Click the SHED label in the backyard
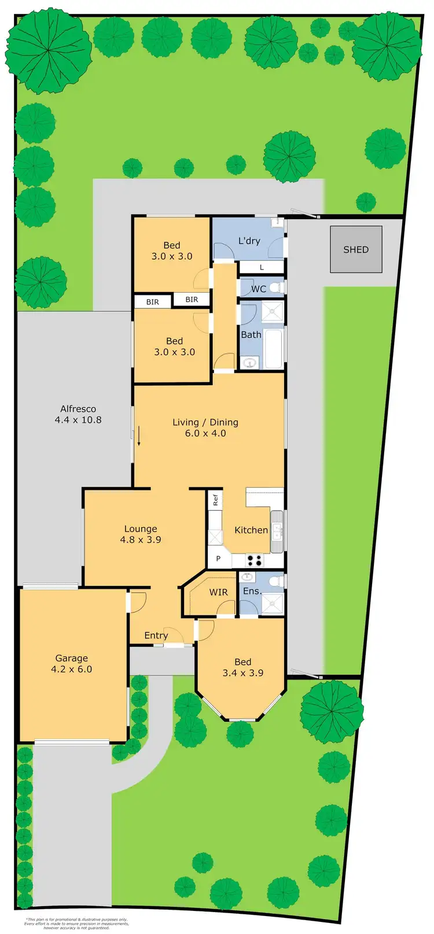[355, 250]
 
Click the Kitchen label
[251, 530]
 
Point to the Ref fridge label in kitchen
[215, 500]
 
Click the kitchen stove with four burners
[255, 560]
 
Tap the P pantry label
[218, 559]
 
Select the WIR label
[218, 592]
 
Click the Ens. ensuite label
[252, 591]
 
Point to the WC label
[258, 289]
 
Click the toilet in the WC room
[277, 287]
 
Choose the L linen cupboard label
[262, 268]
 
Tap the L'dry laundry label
[249, 241]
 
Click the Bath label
[251, 334]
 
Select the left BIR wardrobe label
[152, 302]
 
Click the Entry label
[156, 635]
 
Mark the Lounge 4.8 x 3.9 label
[141, 534]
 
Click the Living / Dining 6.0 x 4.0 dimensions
[205, 433]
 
